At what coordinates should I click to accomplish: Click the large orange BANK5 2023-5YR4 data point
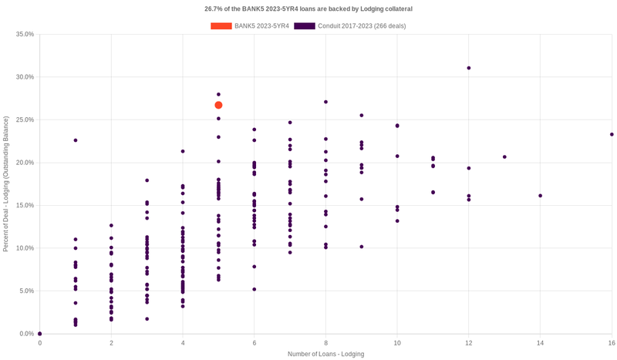[218, 105]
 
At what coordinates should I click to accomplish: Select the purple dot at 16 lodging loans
[612, 134]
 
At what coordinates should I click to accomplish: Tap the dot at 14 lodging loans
[540, 196]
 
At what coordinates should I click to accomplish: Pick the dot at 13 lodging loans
[504, 157]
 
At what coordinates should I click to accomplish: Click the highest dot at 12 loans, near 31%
[469, 68]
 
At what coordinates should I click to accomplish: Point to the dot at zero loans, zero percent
[40, 334]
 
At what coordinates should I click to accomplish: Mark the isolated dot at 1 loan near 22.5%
[76, 140]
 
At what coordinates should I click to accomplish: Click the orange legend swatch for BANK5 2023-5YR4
[221, 26]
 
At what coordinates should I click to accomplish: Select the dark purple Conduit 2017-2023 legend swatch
[305, 26]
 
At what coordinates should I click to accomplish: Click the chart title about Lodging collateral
[308, 9]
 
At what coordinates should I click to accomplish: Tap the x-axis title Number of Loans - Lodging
[325, 354]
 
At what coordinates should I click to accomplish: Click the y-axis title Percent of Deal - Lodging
[6, 183]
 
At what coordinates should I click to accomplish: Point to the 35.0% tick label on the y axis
[25, 35]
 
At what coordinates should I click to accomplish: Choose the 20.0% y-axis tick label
[25, 163]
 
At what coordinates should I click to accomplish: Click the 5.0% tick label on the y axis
[26, 291]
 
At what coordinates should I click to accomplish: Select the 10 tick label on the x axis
[397, 342]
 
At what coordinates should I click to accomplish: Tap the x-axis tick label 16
[611, 342]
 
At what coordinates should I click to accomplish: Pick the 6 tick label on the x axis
[255, 342]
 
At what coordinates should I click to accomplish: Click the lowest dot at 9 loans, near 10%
[362, 247]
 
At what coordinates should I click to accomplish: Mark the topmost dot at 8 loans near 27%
[326, 102]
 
